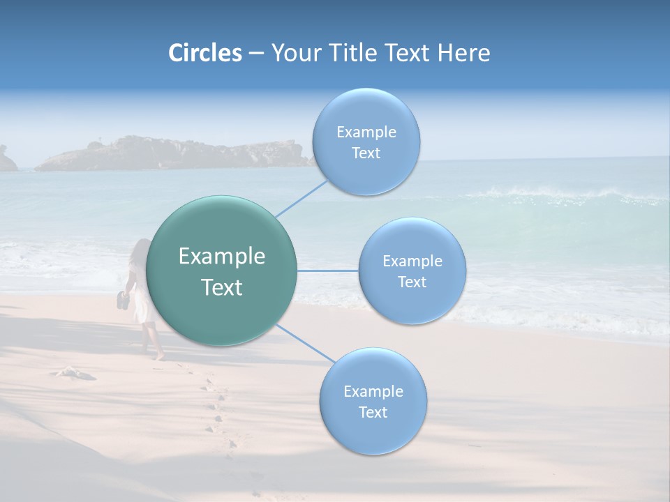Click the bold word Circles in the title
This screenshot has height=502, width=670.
click(205, 53)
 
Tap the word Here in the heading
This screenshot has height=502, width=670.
click(463, 53)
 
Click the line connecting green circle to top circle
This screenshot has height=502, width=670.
click(301, 198)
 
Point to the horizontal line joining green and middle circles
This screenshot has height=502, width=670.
click(328, 271)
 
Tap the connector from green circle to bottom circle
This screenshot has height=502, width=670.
click(306, 344)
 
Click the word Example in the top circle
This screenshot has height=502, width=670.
click(366, 132)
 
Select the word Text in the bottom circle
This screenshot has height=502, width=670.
click(373, 412)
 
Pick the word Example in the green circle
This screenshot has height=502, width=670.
click(222, 257)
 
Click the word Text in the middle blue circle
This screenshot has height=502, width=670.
click(412, 282)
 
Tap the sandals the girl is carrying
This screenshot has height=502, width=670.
click(123, 301)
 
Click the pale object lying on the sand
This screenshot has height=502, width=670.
click(75, 373)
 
